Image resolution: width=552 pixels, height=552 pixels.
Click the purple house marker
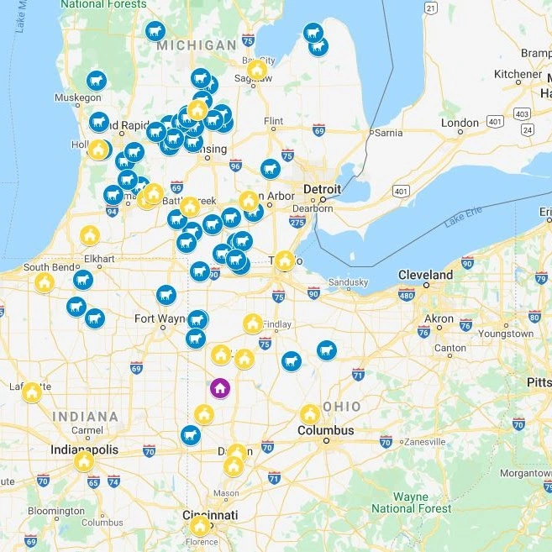(219, 388)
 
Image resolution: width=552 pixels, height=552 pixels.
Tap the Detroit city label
(322, 189)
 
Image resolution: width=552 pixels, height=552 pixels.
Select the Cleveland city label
(425, 275)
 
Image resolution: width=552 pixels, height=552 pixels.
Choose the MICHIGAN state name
(197, 45)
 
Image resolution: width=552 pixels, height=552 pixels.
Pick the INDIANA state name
(85, 416)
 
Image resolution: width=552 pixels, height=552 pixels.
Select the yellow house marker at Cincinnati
(200, 526)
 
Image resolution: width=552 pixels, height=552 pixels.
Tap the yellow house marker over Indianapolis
(84, 461)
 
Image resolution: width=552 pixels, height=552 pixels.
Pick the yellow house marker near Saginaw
(257, 70)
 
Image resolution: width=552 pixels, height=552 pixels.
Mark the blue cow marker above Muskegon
(97, 81)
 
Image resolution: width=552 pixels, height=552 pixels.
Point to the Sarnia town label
(387, 132)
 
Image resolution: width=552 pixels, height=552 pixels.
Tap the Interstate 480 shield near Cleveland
(406, 295)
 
